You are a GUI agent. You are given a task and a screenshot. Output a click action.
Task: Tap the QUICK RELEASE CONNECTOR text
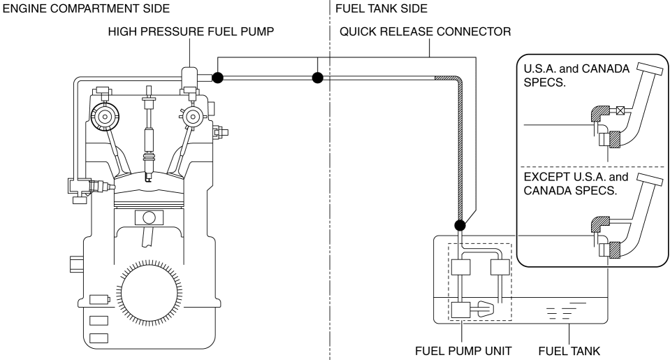[425, 32]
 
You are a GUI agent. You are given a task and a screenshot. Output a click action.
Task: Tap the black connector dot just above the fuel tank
[459, 225]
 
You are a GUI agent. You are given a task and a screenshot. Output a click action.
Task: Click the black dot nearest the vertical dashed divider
[318, 77]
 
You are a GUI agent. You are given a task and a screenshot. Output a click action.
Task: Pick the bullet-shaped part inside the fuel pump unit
[483, 308]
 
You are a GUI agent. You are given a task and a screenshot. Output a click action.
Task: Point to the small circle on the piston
[150, 217]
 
